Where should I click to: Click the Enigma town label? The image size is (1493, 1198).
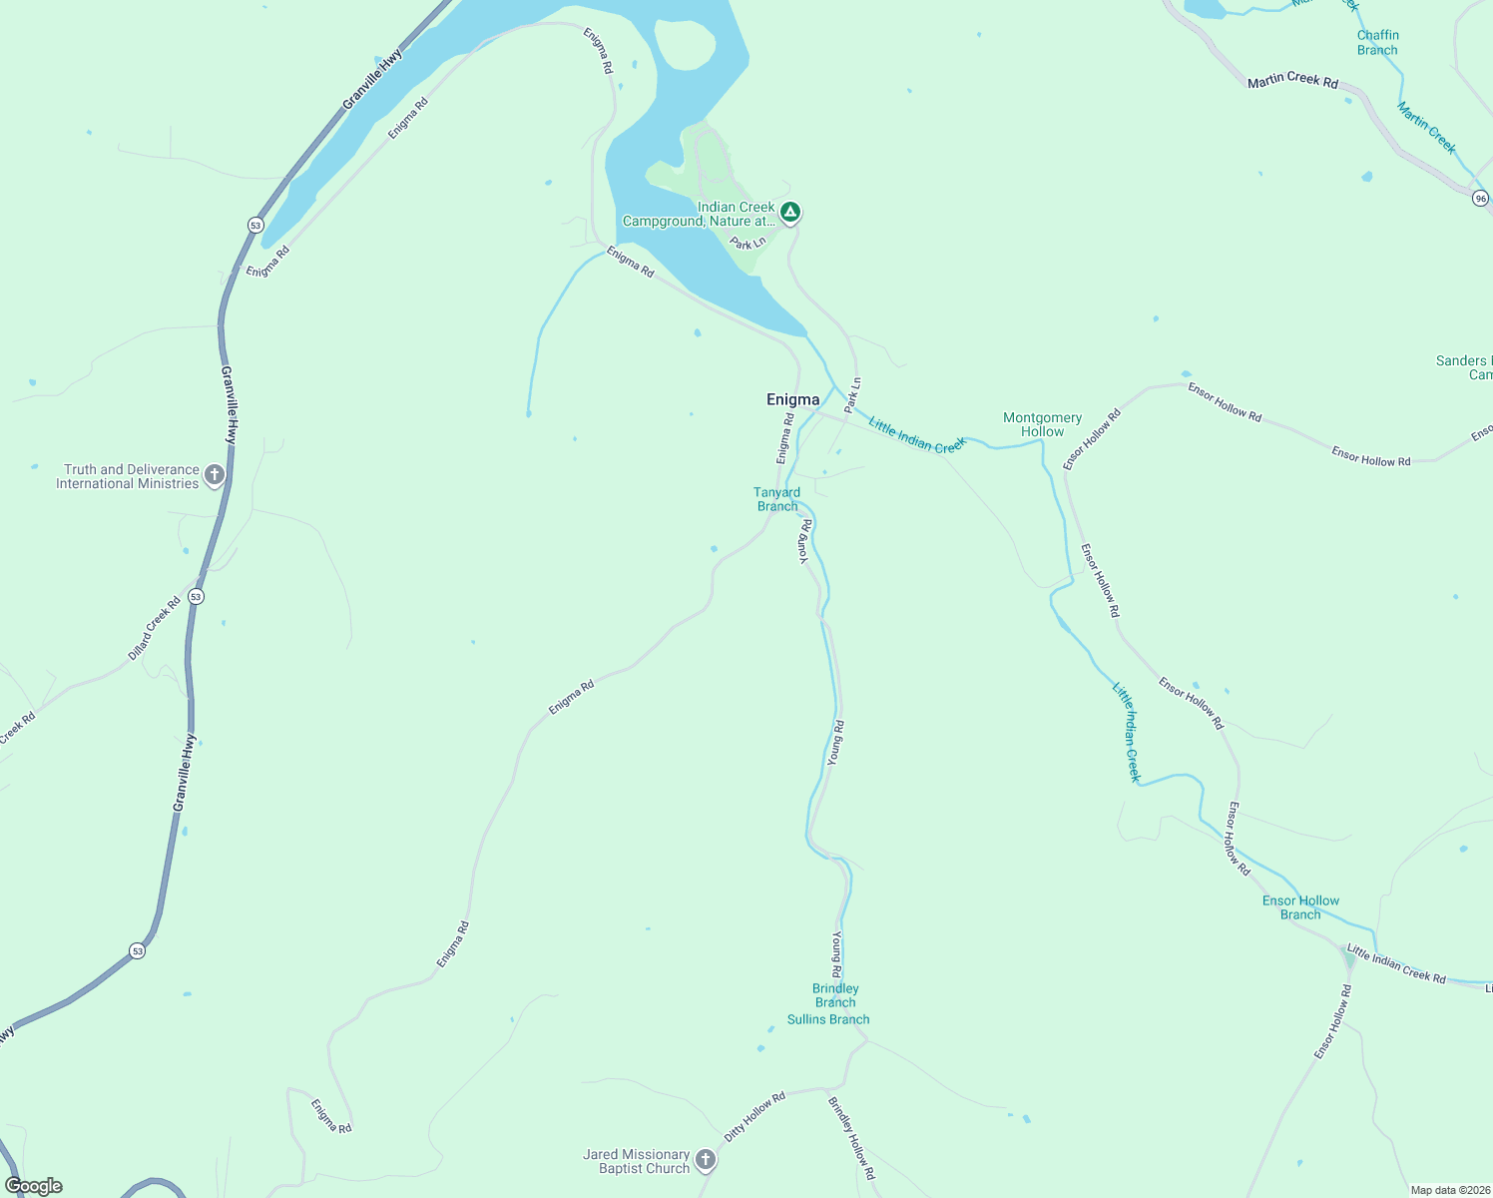click(x=792, y=399)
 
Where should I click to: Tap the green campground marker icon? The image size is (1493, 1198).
click(x=789, y=213)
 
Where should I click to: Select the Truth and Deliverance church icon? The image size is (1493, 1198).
click(x=214, y=476)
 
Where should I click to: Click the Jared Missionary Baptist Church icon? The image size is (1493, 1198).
click(x=706, y=1160)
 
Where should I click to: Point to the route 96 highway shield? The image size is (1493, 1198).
click(x=1480, y=199)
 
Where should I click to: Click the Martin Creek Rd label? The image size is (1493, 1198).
click(x=1292, y=80)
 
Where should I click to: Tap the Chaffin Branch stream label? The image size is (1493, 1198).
click(x=1377, y=43)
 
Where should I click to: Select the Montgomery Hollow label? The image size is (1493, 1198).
click(x=1042, y=425)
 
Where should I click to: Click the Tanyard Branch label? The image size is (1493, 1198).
click(x=776, y=499)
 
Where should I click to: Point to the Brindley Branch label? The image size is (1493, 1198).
click(x=835, y=995)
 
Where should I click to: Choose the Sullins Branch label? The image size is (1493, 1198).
click(x=828, y=1019)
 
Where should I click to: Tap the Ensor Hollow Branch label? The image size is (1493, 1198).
click(x=1300, y=907)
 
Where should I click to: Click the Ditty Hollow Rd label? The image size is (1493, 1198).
click(x=754, y=1117)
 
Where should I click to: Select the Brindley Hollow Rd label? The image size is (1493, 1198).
click(x=851, y=1138)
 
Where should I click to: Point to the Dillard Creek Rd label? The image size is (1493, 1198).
click(x=155, y=628)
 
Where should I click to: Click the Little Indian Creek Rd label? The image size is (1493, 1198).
click(x=1395, y=963)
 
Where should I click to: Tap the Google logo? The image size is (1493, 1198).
click(x=34, y=1186)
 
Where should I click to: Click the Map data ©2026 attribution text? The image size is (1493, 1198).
click(x=1450, y=1190)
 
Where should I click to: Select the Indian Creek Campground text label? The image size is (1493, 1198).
click(x=699, y=215)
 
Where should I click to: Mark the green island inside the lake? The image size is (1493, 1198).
click(x=686, y=46)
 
